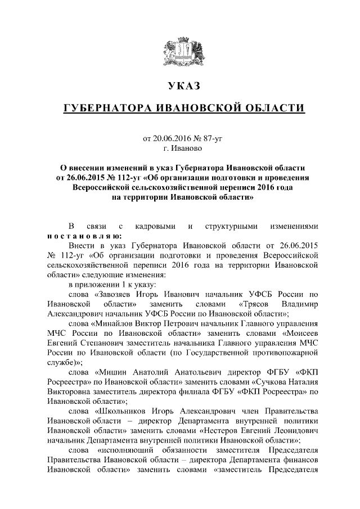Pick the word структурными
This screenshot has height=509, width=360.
(x=231, y=226)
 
